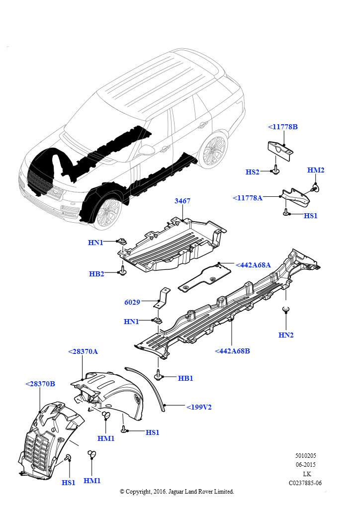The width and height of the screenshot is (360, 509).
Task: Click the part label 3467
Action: point(182,201)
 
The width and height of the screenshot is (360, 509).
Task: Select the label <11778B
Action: point(283,127)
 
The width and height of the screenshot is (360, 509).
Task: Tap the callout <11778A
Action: point(248,198)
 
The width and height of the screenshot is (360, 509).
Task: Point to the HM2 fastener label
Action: point(316,170)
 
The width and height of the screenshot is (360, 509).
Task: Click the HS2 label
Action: point(252,172)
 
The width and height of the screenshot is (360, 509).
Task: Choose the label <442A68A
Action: point(253,265)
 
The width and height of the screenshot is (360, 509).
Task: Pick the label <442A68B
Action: point(232,351)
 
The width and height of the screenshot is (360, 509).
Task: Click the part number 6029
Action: point(132,302)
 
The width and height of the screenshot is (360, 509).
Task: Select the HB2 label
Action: point(96,274)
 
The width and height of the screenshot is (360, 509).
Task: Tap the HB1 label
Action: point(185,378)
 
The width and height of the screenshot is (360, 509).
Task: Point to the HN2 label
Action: point(286,335)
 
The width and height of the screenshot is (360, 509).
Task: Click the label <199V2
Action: point(199,407)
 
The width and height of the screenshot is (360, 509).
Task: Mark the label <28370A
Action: point(83,351)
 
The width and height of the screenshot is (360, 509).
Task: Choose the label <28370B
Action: point(40,384)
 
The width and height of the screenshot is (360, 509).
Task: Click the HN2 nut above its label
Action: point(286,310)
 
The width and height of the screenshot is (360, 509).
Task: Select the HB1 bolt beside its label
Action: point(159,375)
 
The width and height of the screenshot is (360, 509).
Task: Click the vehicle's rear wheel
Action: point(213,150)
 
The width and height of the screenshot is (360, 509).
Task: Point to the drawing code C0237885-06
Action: point(305,483)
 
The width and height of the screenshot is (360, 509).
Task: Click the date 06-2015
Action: point(305,465)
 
